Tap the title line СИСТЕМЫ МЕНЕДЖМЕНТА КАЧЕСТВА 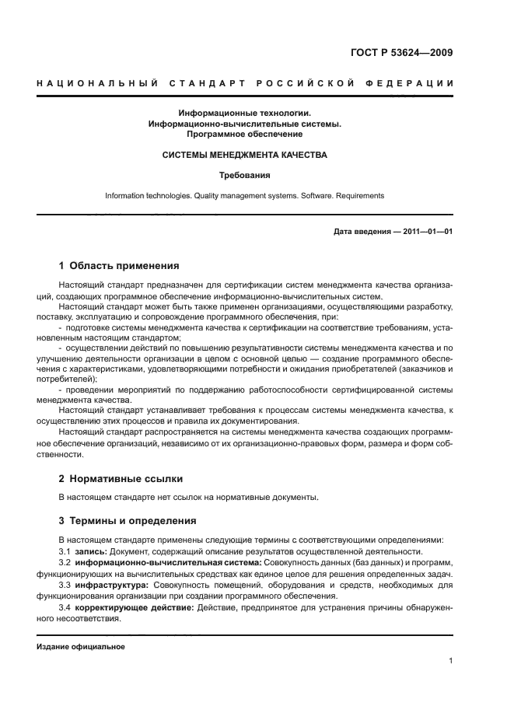pos(244,155)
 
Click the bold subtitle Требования pos(244,176)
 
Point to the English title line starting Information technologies pos(244,196)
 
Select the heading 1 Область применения pos(119,265)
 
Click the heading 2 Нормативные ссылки pos(121,478)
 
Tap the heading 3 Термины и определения pos(128,520)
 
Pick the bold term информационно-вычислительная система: pos(169,562)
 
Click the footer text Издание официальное pos(81,647)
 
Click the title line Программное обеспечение pos(244,134)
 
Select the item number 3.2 pos(65,562)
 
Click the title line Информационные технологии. pos(244,113)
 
